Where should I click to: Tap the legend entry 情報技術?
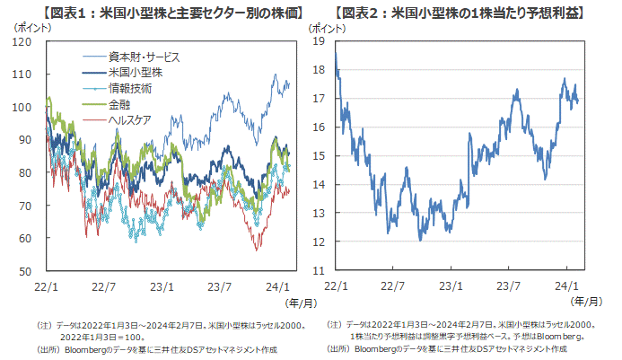pyautogui.click(x=129, y=88)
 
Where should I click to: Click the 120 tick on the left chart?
pyautogui.click(x=27, y=42)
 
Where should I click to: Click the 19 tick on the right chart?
pyautogui.click(x=320, y=41)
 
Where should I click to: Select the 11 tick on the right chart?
pyautogui.click(x=320, y=270)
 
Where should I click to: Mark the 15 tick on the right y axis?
pyautogui.click(x=320, y=156)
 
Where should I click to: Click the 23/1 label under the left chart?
pyautogui.click(x=162, y=285)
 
